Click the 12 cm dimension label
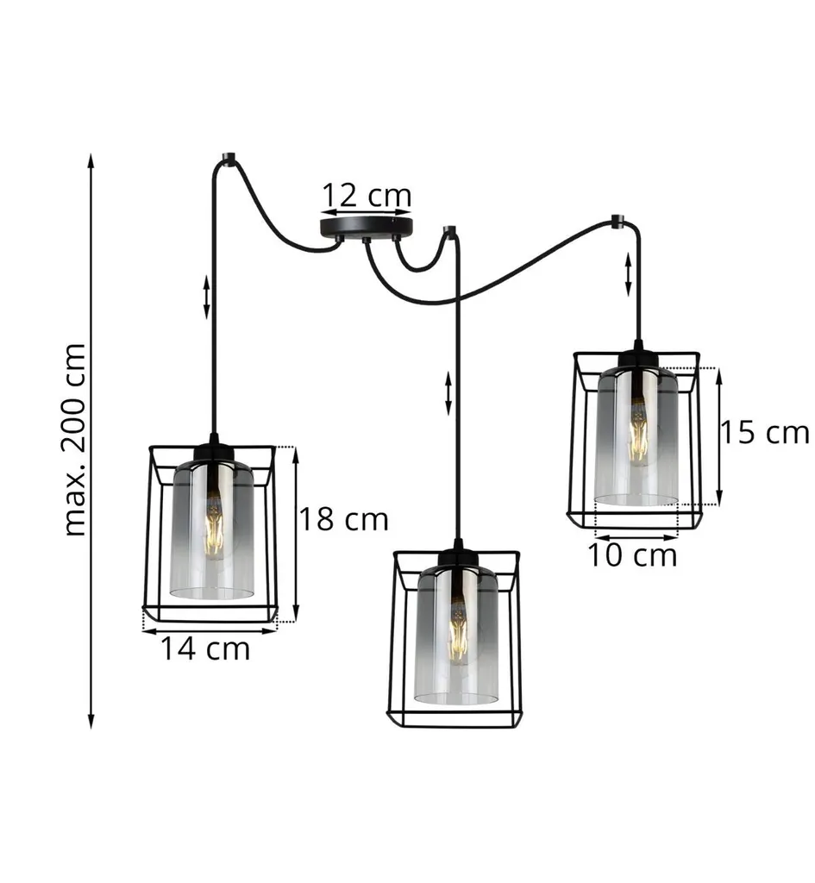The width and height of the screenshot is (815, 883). [366, 195]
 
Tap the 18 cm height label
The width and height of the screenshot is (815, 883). [343, 518]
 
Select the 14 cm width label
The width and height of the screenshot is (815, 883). [205, 648]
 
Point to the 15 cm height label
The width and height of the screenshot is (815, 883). [765, 432]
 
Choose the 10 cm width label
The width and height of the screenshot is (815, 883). [632, 554]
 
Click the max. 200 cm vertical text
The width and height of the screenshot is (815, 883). [75, 439]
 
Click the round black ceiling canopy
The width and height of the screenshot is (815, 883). [366, 227]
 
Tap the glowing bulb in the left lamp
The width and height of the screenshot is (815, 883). [214, 526]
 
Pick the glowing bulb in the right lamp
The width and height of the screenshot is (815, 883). [638, 432]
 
